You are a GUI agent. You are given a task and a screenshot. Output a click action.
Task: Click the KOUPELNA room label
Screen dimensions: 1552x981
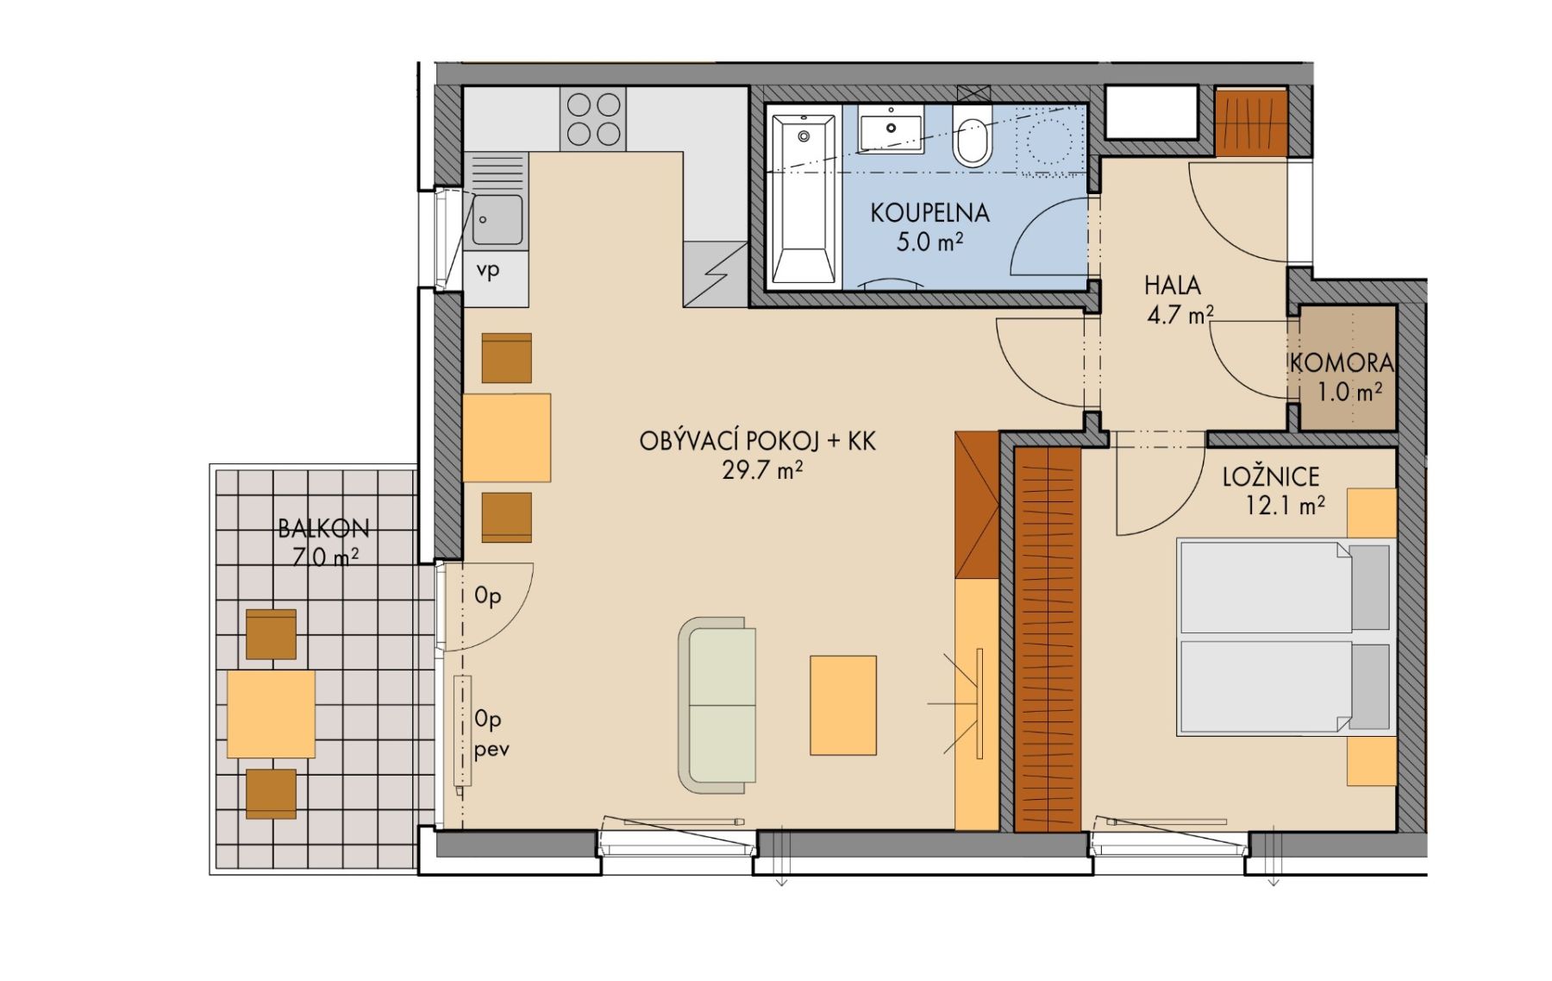[929, 212]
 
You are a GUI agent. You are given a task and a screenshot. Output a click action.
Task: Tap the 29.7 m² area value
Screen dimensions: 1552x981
[763, 471]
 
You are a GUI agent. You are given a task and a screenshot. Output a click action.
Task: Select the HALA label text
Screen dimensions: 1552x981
[1173, 285]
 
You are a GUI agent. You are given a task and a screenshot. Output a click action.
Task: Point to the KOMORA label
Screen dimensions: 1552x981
[1342, 363]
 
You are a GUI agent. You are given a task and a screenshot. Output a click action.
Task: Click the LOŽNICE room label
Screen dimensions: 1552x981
[1271, 476]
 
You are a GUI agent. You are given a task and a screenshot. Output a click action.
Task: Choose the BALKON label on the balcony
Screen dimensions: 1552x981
[323, 528]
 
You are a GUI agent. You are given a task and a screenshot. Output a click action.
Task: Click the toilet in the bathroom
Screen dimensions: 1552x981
[973, 136]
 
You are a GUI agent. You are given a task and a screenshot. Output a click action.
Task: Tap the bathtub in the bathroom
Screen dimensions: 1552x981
[804, 199]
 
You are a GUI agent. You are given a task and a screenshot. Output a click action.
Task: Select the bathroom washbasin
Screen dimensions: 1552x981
[891, 129]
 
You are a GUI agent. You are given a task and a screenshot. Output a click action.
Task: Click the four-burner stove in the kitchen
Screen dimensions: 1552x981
[593, 119]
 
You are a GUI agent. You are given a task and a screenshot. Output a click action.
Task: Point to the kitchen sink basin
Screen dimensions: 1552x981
[498, 220]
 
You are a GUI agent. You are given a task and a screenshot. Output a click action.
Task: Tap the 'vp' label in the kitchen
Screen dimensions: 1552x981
[488, 271]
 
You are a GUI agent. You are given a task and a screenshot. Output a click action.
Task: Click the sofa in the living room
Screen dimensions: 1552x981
[717, 705]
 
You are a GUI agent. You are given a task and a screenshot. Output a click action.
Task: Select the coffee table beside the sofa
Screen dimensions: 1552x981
[843, 705]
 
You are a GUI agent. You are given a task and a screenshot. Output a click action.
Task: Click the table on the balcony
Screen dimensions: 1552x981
[271, 714]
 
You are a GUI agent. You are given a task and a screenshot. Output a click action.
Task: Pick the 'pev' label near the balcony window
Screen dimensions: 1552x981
[491, 749]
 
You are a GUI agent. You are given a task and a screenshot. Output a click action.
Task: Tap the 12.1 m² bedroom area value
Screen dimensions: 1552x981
[1285, 506]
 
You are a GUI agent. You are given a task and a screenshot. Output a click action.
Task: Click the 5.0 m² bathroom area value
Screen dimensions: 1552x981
[929, 242]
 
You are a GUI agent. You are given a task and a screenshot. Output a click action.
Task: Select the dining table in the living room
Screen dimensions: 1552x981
[506, 437]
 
